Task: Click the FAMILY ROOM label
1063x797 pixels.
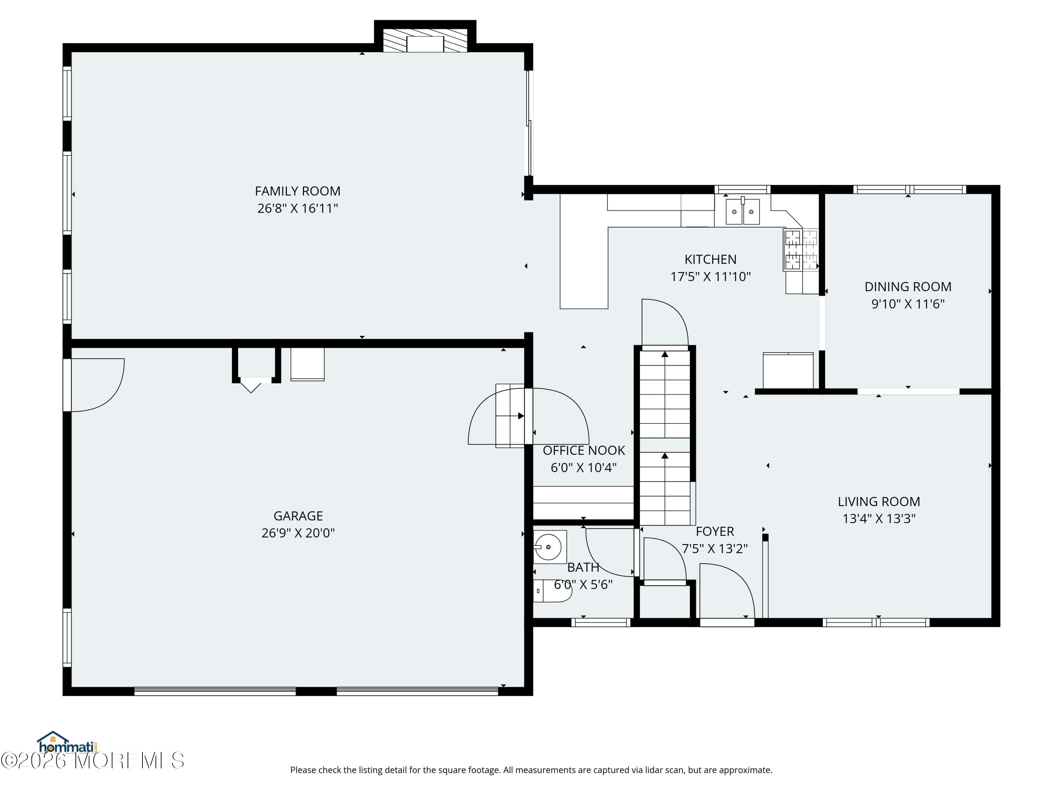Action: pos(298,191)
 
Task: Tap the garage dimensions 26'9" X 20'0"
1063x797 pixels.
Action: pos(298,533)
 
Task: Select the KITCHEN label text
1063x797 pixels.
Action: pos(710,259)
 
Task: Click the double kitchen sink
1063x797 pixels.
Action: pos(742,212)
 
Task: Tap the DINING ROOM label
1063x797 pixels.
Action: pos(907,287)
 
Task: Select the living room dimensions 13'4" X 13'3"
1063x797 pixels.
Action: pos(878,518)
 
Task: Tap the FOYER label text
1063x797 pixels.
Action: pos(715,531)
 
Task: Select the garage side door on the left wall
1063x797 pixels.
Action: pos(94,384)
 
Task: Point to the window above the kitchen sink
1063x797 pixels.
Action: pos(742,189)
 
